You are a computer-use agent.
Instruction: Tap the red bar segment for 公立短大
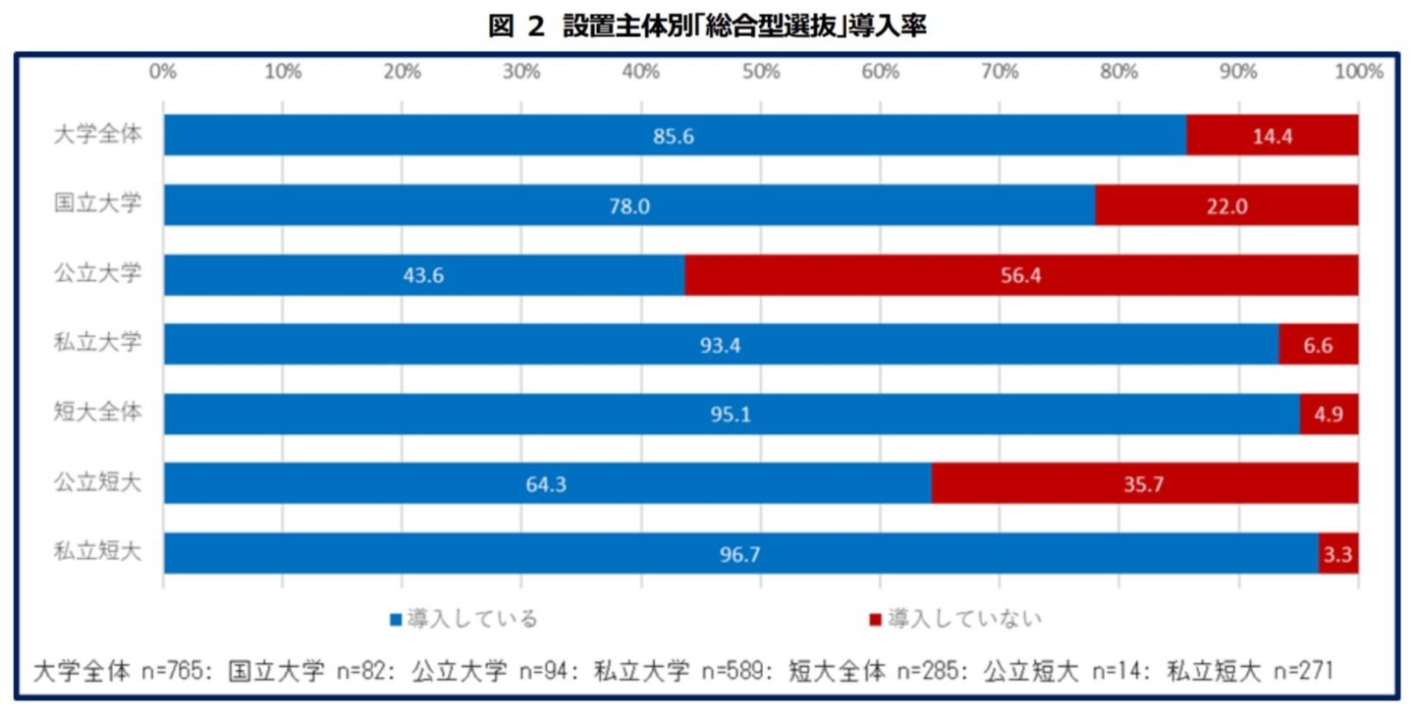tap(1145, 483)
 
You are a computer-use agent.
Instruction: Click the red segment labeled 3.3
tap(1338, 554)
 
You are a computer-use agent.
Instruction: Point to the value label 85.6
tap(674, 136)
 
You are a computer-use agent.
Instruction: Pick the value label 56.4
tap(1020, 275)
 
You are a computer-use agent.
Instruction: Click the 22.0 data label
tap(1226, 205)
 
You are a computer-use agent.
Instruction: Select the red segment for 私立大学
tap(1319, 345)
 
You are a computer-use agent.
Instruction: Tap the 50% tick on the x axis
tap(761, 71)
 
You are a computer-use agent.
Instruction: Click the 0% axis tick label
tap(162, 71)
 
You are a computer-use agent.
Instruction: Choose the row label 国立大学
tap(97, 204)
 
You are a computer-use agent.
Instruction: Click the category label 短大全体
tap(97, 413)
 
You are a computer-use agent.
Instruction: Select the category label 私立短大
tap(97, 552)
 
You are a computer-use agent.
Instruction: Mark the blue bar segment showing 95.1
tap(732, 415)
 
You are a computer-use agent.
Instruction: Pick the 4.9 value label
tap(1330, 415)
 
